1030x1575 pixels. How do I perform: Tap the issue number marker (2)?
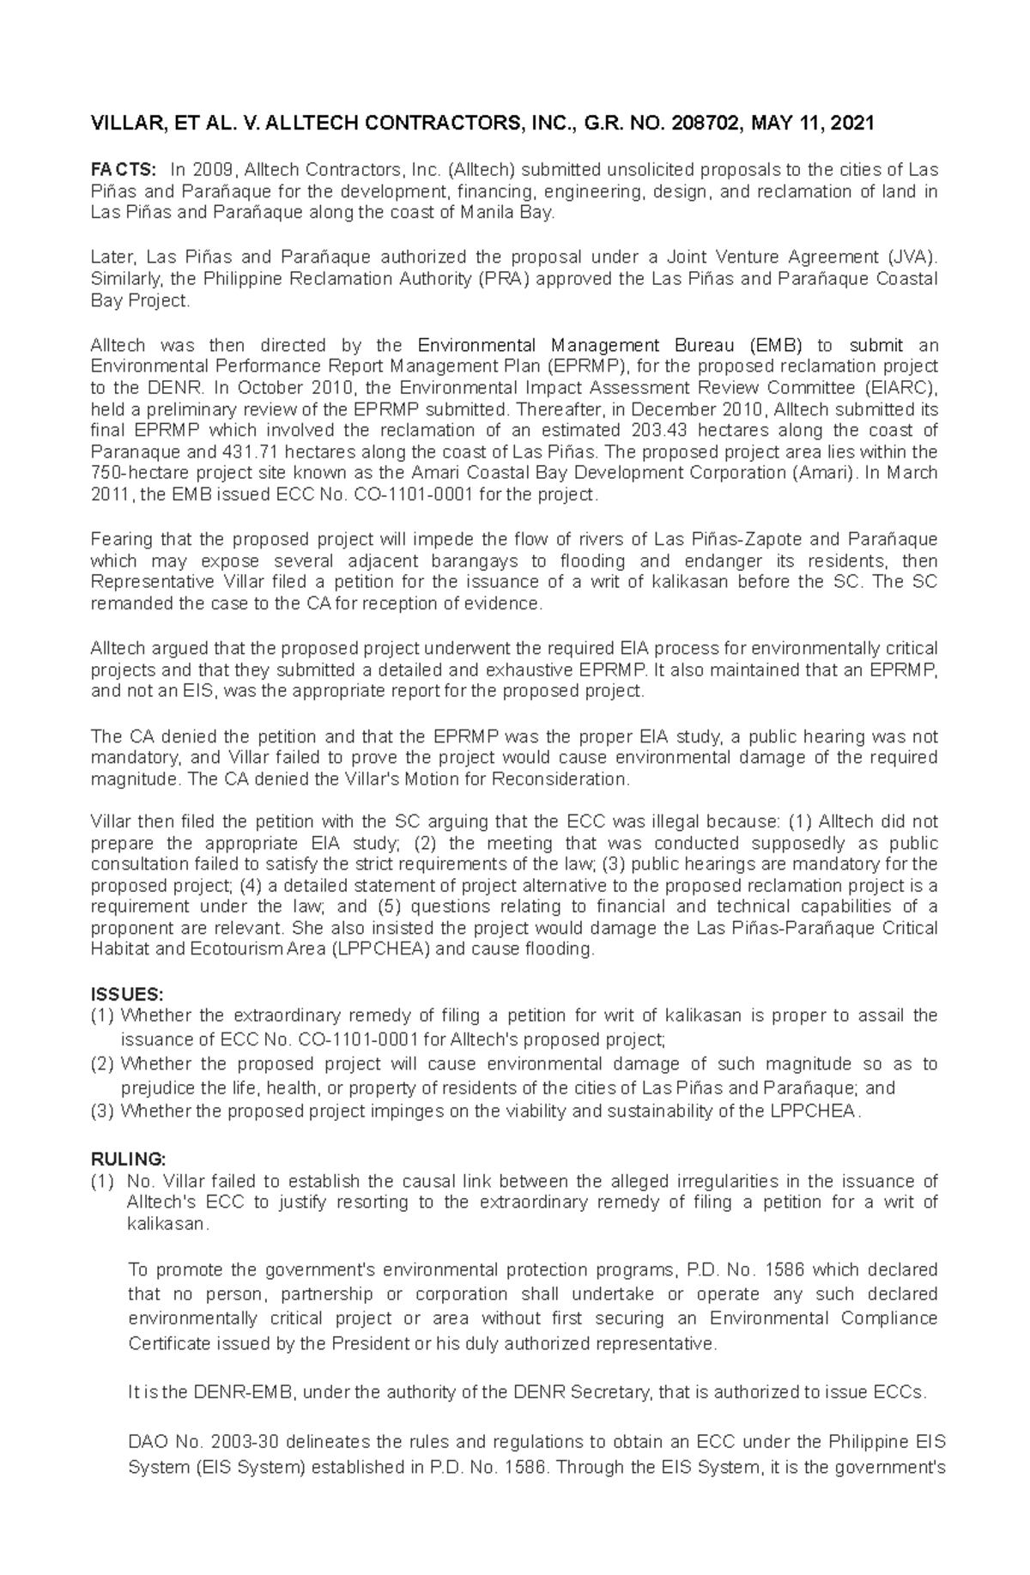[102, 1064]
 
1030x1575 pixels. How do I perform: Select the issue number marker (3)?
[102, 1112]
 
